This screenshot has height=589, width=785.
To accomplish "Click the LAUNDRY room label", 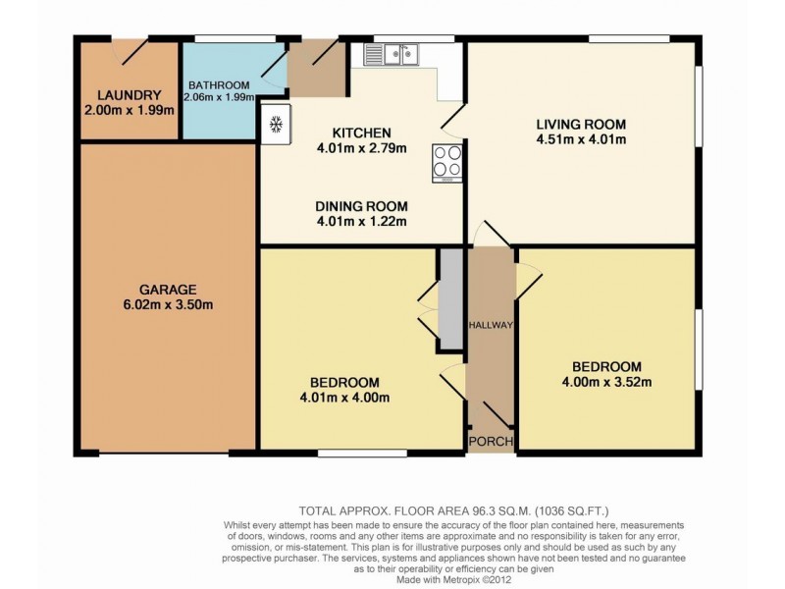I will [x=129, y=95].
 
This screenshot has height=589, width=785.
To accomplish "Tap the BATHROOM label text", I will [x=221, y=84].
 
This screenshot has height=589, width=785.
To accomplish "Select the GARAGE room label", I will [x=168, y=290].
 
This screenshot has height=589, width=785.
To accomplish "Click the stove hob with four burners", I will [x=448, y=164].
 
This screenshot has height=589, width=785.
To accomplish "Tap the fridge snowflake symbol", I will [x=276, y=125].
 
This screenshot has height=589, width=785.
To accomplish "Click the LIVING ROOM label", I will [x=581, y=124].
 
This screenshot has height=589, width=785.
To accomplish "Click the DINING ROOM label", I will [x=361, y=206].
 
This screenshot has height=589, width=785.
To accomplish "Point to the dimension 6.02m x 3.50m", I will [x=168, y=304].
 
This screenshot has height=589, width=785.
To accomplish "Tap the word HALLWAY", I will [x=491, y=325].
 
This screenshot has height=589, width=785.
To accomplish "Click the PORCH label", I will [x=491, y=442].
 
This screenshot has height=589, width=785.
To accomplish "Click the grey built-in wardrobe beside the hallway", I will [x=450, y=298].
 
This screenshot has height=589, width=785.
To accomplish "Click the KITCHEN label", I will [x=361, y=134].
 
